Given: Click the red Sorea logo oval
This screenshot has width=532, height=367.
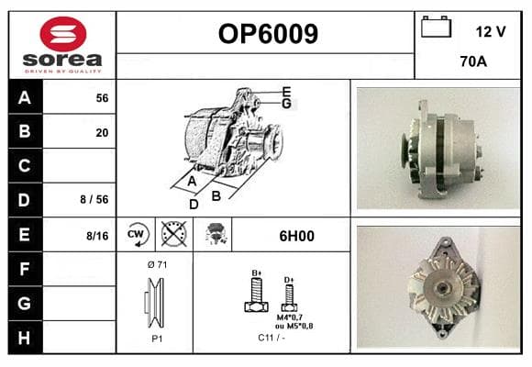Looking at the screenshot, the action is pyautogui.click(x=63, y=34).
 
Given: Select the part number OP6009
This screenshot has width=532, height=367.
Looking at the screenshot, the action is pyautogui.click(x=268, y=34).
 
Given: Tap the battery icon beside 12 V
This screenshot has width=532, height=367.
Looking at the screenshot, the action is pyautogui.click(x=436, y=27).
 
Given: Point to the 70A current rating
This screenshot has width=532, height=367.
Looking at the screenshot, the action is pyautogui.click(x=473, y=61).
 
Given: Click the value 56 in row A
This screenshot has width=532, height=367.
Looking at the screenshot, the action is pyautogui.click(x=102, y=98).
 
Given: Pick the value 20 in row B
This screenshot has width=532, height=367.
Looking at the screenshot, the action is pyautogui.click(x=102, y=132).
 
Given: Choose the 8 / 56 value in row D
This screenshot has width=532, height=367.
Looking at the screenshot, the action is pyautogui.click(x=94, y=199).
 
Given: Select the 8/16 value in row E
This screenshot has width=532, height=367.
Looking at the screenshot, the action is pyautogui.click(x=97, y=236).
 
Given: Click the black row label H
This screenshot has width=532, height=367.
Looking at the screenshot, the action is pyautogui.click(x=25, y=338).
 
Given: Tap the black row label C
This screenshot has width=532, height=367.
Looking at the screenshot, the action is pyautogui.click(x=25, y=166).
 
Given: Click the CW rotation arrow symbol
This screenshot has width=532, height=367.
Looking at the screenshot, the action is pyautogui.click(x=137, y=234).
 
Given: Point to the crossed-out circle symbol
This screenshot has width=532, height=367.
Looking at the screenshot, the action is pyautogui.click(x=173, y=234).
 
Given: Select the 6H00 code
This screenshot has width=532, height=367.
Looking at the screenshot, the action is pyautogui.click(x=296, y=236).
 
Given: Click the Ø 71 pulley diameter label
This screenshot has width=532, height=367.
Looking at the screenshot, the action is pyautogui.click(x=158, y=264).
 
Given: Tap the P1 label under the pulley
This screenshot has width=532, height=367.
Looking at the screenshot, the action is pyautogui.click(x=157, y=339).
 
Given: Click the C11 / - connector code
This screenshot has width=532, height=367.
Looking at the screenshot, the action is pyautogui.click(x=272, y=338).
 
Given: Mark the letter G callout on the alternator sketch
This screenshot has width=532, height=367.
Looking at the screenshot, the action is pyautogui.click(x=287, y=104).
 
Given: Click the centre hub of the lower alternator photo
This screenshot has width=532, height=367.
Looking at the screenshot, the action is pyautogui.click(x=442, y=288).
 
